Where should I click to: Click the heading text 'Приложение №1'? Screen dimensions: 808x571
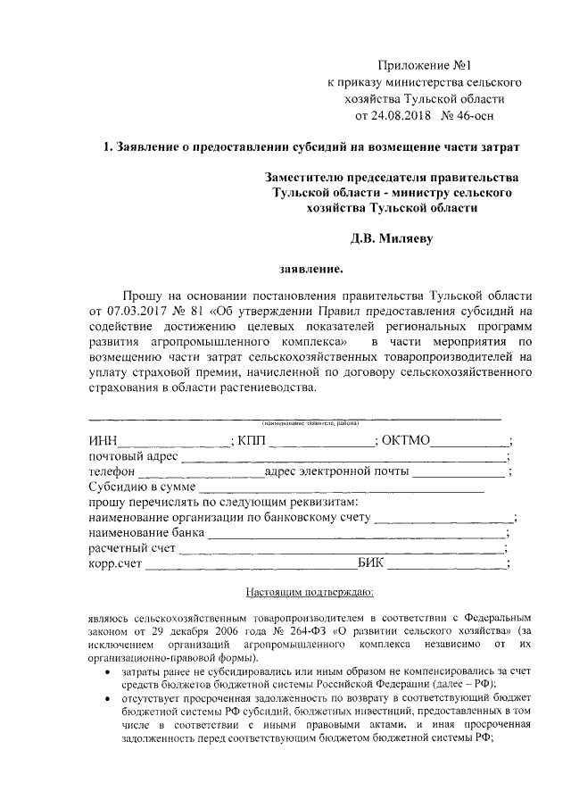click(x=424, y=65)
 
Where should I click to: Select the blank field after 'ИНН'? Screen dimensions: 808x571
click(x=173, y=441)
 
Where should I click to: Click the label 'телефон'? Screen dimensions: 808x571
click(x=112, y=472)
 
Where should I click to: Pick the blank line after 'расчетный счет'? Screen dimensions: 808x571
click(x=343, y=550)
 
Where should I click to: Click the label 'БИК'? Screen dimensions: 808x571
click(x=372, y=564)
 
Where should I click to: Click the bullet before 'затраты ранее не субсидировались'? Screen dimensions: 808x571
click(x=108, y=670)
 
